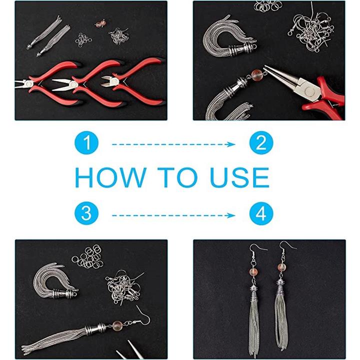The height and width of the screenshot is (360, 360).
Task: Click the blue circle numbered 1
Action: [86, 142]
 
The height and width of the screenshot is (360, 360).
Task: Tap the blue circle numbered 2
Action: [261, 142]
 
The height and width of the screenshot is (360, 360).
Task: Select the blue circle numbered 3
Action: [86, 213]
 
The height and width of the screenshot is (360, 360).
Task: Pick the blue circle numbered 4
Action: [261, 213]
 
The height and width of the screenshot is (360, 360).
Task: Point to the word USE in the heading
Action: [239, 177]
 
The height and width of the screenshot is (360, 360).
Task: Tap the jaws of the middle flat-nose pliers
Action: [62, 84]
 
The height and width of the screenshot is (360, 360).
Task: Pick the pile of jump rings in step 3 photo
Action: [87, 256]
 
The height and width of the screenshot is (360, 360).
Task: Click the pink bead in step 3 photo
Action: [117, 326]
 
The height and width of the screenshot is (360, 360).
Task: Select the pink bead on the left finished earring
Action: [253, 272]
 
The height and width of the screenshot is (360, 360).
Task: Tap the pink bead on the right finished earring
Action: [281, 267]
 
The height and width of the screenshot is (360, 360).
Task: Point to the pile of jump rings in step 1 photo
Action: [83, 40]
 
